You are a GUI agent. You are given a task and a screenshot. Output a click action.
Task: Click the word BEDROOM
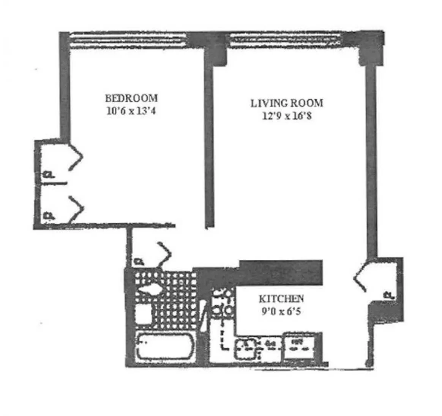pos(131,98)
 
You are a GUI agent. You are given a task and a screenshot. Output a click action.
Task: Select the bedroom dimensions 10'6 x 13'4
pos(131,111)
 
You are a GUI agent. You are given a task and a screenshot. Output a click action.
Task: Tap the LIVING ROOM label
pos(287,103)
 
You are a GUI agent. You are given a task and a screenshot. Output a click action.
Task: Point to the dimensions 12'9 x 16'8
pos(287,116)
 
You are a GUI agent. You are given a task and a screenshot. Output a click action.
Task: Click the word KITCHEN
pos(281,299)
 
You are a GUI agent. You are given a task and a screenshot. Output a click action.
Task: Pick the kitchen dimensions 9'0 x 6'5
pos(281,312)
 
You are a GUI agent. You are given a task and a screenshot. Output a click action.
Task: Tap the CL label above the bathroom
pos(139,262)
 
